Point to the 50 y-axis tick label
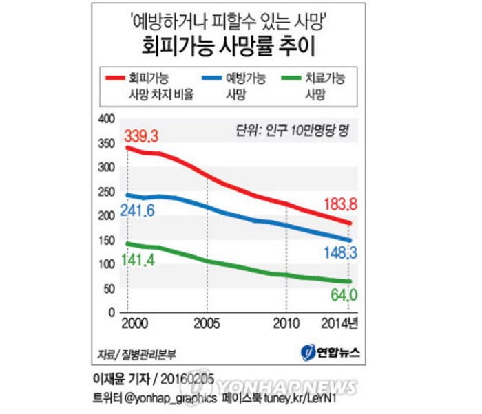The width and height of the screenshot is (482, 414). (x=107, y=289)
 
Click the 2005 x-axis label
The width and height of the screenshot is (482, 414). (x=206, y=323)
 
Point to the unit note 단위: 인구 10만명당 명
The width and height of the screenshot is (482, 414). (x=293, y=131)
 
